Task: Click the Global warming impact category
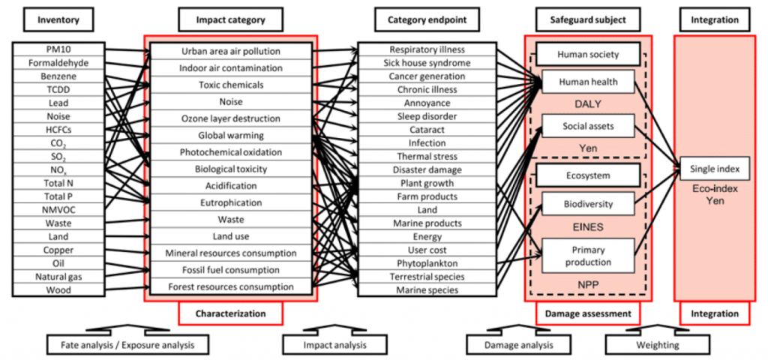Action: [230, 136]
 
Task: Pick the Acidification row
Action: [230, 185]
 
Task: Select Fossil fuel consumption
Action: [230, 269]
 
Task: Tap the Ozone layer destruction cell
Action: [230, 118]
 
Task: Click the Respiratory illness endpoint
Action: [427, 50]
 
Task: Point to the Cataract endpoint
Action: [427, 130]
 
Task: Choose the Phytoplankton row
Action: [427, 263]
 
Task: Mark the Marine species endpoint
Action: [427, 290]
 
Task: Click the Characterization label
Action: [230, 313]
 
